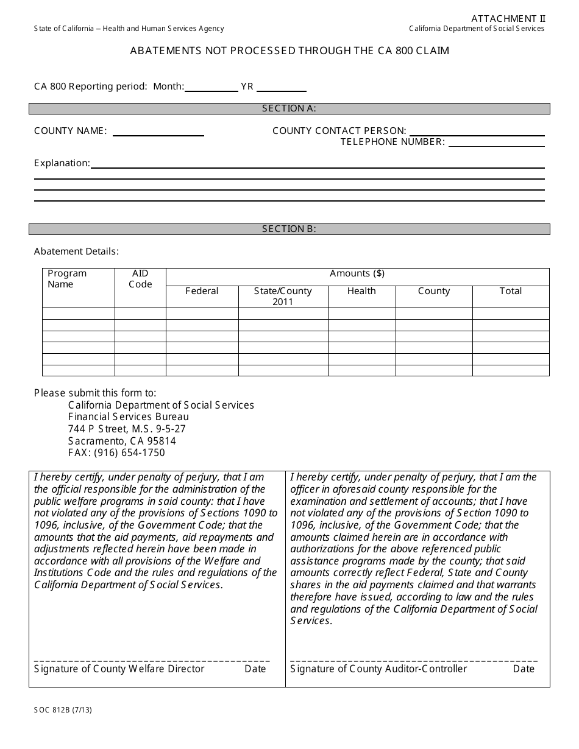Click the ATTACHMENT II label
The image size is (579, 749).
[x=508, y=19]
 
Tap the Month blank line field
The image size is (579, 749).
[x=211, y=87]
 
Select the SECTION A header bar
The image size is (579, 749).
[x=289, y=108]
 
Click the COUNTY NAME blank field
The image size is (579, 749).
[x=158, y=132]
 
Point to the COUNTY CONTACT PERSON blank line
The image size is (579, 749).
[x=477, y=131]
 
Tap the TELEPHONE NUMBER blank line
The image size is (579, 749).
[x=496, y=142]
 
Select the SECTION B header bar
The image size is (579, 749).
[x=289, y=229]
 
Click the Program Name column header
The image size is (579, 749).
[x=68, y=279]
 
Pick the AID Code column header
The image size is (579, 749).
[x=140, y=279]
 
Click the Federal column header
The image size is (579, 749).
[x=202, y=291]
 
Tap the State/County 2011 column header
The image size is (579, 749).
[x=283, y=297]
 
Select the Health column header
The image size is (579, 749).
[x=361, y=291]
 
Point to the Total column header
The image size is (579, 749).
[x=510, y=291]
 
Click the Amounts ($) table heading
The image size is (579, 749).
[x=357, y=273]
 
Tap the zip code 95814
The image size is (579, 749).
[x=162, y=441]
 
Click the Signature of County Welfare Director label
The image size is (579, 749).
[x=119, y=669]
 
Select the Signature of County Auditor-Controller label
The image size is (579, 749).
[x=378, y=669]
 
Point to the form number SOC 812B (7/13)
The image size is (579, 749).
[x=63, y=709]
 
